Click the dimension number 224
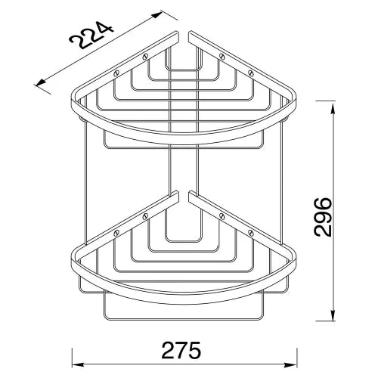pos(91,36)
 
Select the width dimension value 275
pos(181,350)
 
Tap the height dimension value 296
pos(324,217)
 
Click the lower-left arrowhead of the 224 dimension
pos(41,82)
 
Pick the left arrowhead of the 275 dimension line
pos(77,364)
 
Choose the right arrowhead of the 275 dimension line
pos(292,364)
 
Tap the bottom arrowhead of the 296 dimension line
pos(333,315)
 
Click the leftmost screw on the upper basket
pos(116,73)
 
